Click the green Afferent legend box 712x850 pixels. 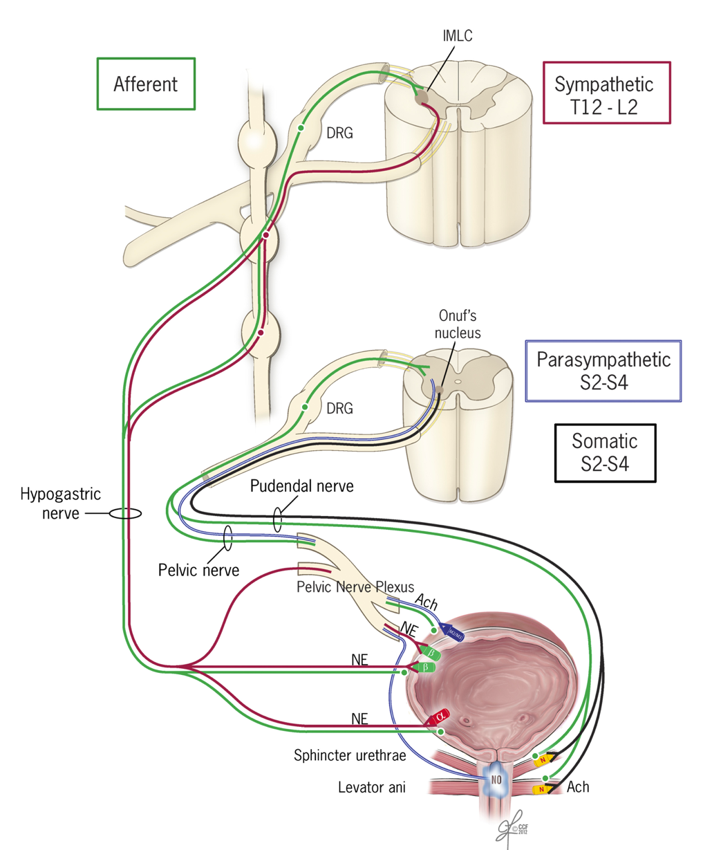(x=146, y=84)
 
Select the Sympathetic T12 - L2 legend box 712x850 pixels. (x=606, y=93)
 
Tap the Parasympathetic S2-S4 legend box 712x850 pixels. (x=603, y=371)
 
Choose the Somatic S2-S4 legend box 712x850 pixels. (x=605, y=452)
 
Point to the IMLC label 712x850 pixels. (x=458, y=36)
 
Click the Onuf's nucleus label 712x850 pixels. (x=458, y=324)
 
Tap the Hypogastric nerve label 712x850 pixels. (x=60, y=503)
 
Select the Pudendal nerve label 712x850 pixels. (x=301, y=486)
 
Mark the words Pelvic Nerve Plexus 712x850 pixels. (x=355, y=587)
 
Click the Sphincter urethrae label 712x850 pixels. (x=349, y=755)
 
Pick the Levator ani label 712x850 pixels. (x=372, y=787)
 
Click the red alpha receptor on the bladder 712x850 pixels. (x=440, y=717)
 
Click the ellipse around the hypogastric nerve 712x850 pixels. (x=125, y=514)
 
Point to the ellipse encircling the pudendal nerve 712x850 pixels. (x=277, y=520)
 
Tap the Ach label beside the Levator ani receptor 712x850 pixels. (x=578, y=787)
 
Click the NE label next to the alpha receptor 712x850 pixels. (x=359, y=719)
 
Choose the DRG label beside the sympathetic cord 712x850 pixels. (x=339, y=133)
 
